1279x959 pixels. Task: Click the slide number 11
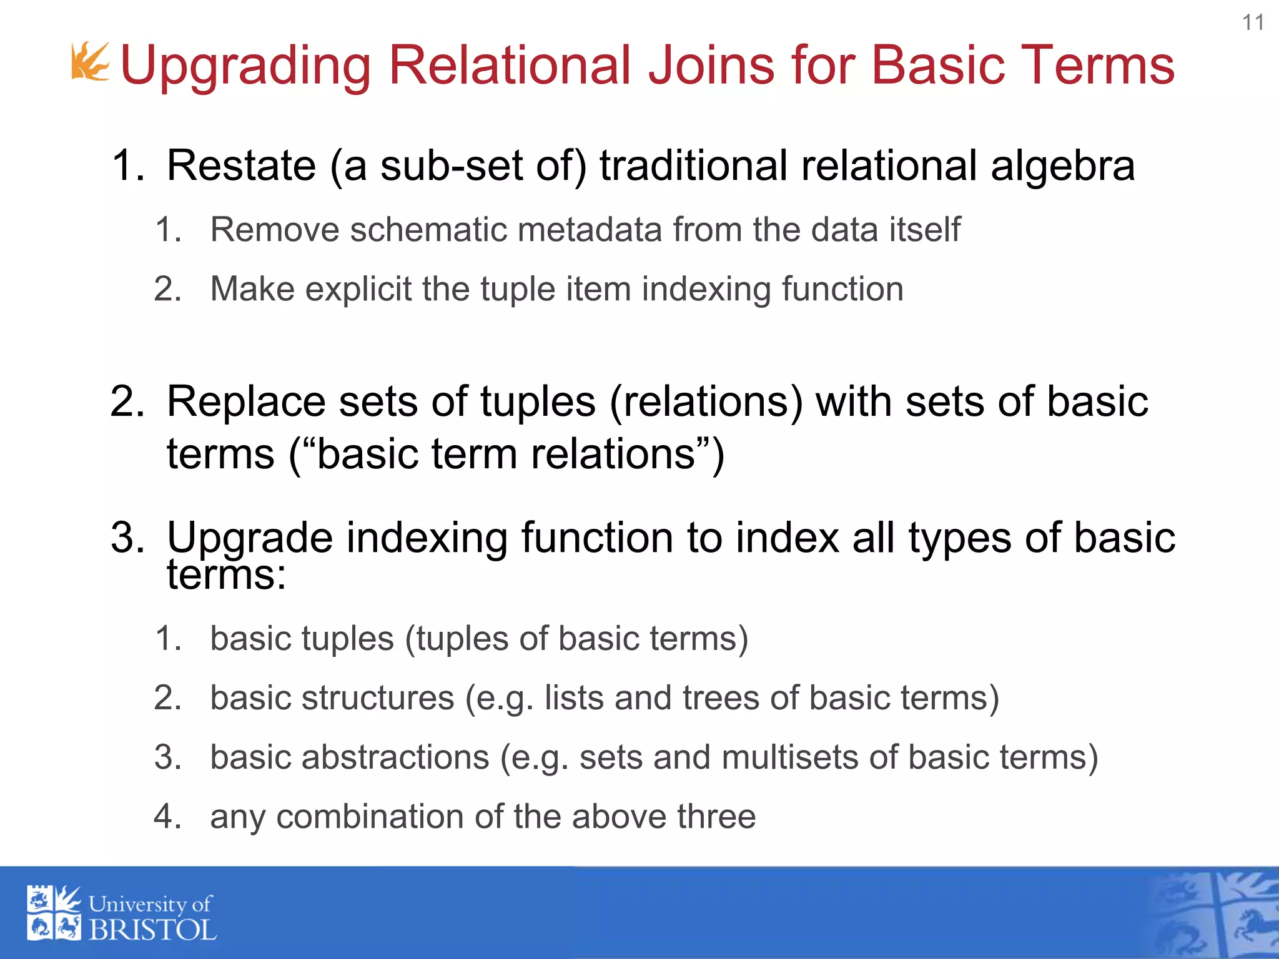pos(1253,23)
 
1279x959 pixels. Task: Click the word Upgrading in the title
pos(245,66)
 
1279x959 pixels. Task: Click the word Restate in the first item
pos(241,166)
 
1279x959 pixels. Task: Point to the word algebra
pos(1062,166)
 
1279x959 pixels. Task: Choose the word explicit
pos(358,289)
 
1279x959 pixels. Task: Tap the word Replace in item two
pos(245,401)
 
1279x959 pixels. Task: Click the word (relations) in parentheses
pos(706,401)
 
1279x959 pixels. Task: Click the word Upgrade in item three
pos(250,538)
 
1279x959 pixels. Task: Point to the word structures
pos(378,697)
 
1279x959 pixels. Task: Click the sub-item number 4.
pos(167,817)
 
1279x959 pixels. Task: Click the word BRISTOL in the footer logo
pos(152,930)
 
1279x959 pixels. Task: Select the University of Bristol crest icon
pos(54,913)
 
